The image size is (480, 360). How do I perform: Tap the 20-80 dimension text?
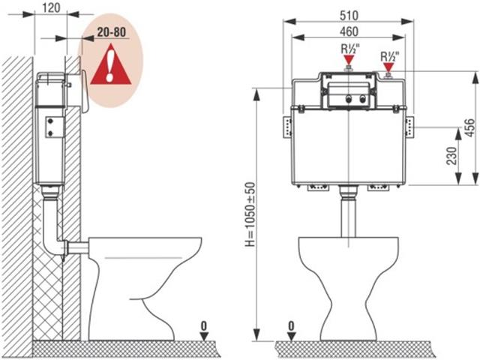[109, 34]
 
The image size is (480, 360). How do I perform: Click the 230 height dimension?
[451, 155]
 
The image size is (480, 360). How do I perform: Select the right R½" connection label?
[388, 56]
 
